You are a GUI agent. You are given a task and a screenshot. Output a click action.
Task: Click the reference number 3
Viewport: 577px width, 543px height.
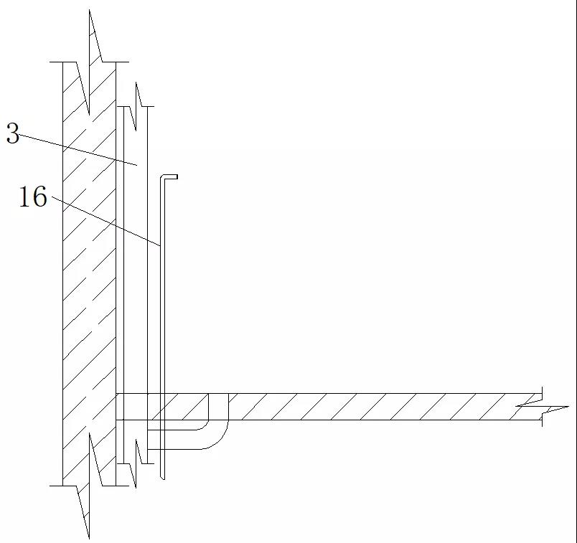click(x=13, y=133)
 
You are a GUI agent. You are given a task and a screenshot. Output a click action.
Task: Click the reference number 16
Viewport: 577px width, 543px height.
click(x=33, y=197)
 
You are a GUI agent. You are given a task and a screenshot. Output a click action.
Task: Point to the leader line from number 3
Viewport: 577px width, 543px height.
click(x=78, y=150)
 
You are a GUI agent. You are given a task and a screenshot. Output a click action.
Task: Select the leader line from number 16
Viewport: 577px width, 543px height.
click(x=105, y=221)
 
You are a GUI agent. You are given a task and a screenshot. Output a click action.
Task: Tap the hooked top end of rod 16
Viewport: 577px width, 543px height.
click(x=170, y=177)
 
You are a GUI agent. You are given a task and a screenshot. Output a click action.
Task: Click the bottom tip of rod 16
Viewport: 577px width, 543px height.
click(x=163, y=478)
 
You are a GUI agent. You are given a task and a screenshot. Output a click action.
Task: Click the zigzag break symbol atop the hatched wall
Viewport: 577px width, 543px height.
click(x=89, y=62)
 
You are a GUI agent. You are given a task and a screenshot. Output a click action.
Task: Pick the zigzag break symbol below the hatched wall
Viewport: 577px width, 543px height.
click(x=89, y=486)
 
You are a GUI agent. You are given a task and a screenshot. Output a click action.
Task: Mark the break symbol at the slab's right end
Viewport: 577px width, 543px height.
click(x=542, y=407)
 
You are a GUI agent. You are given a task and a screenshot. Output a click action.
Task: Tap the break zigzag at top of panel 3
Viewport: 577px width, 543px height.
click(x=136, y=106)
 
